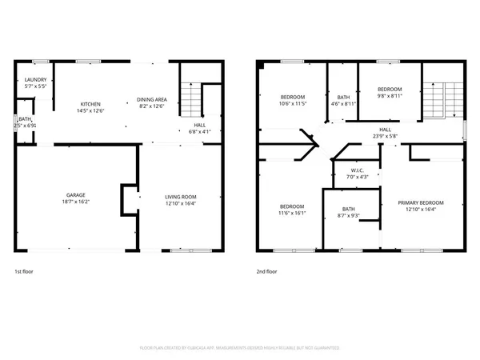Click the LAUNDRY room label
pyautogui.click(x=35, y=79)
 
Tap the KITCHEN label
pyautogui.click(x=89, y=104)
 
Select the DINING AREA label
pyautogui.click(x=151, y=99)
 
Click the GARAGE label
pyautogui.click(x=77, y=195)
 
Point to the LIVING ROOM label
pyautogui.click(x=181, y=196)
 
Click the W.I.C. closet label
pyautogui.click(x=356, y=170)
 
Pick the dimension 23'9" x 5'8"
pyautogui.click(x=385, y=135)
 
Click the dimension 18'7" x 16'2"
pyautogui.click(x=77, y=201)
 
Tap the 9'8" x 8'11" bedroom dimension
pyautogui.click(x=390, y=95)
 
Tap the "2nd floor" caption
pyautogui.click(x=266, y=272)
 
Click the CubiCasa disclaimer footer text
pyautogui.click(x=240, y=349)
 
